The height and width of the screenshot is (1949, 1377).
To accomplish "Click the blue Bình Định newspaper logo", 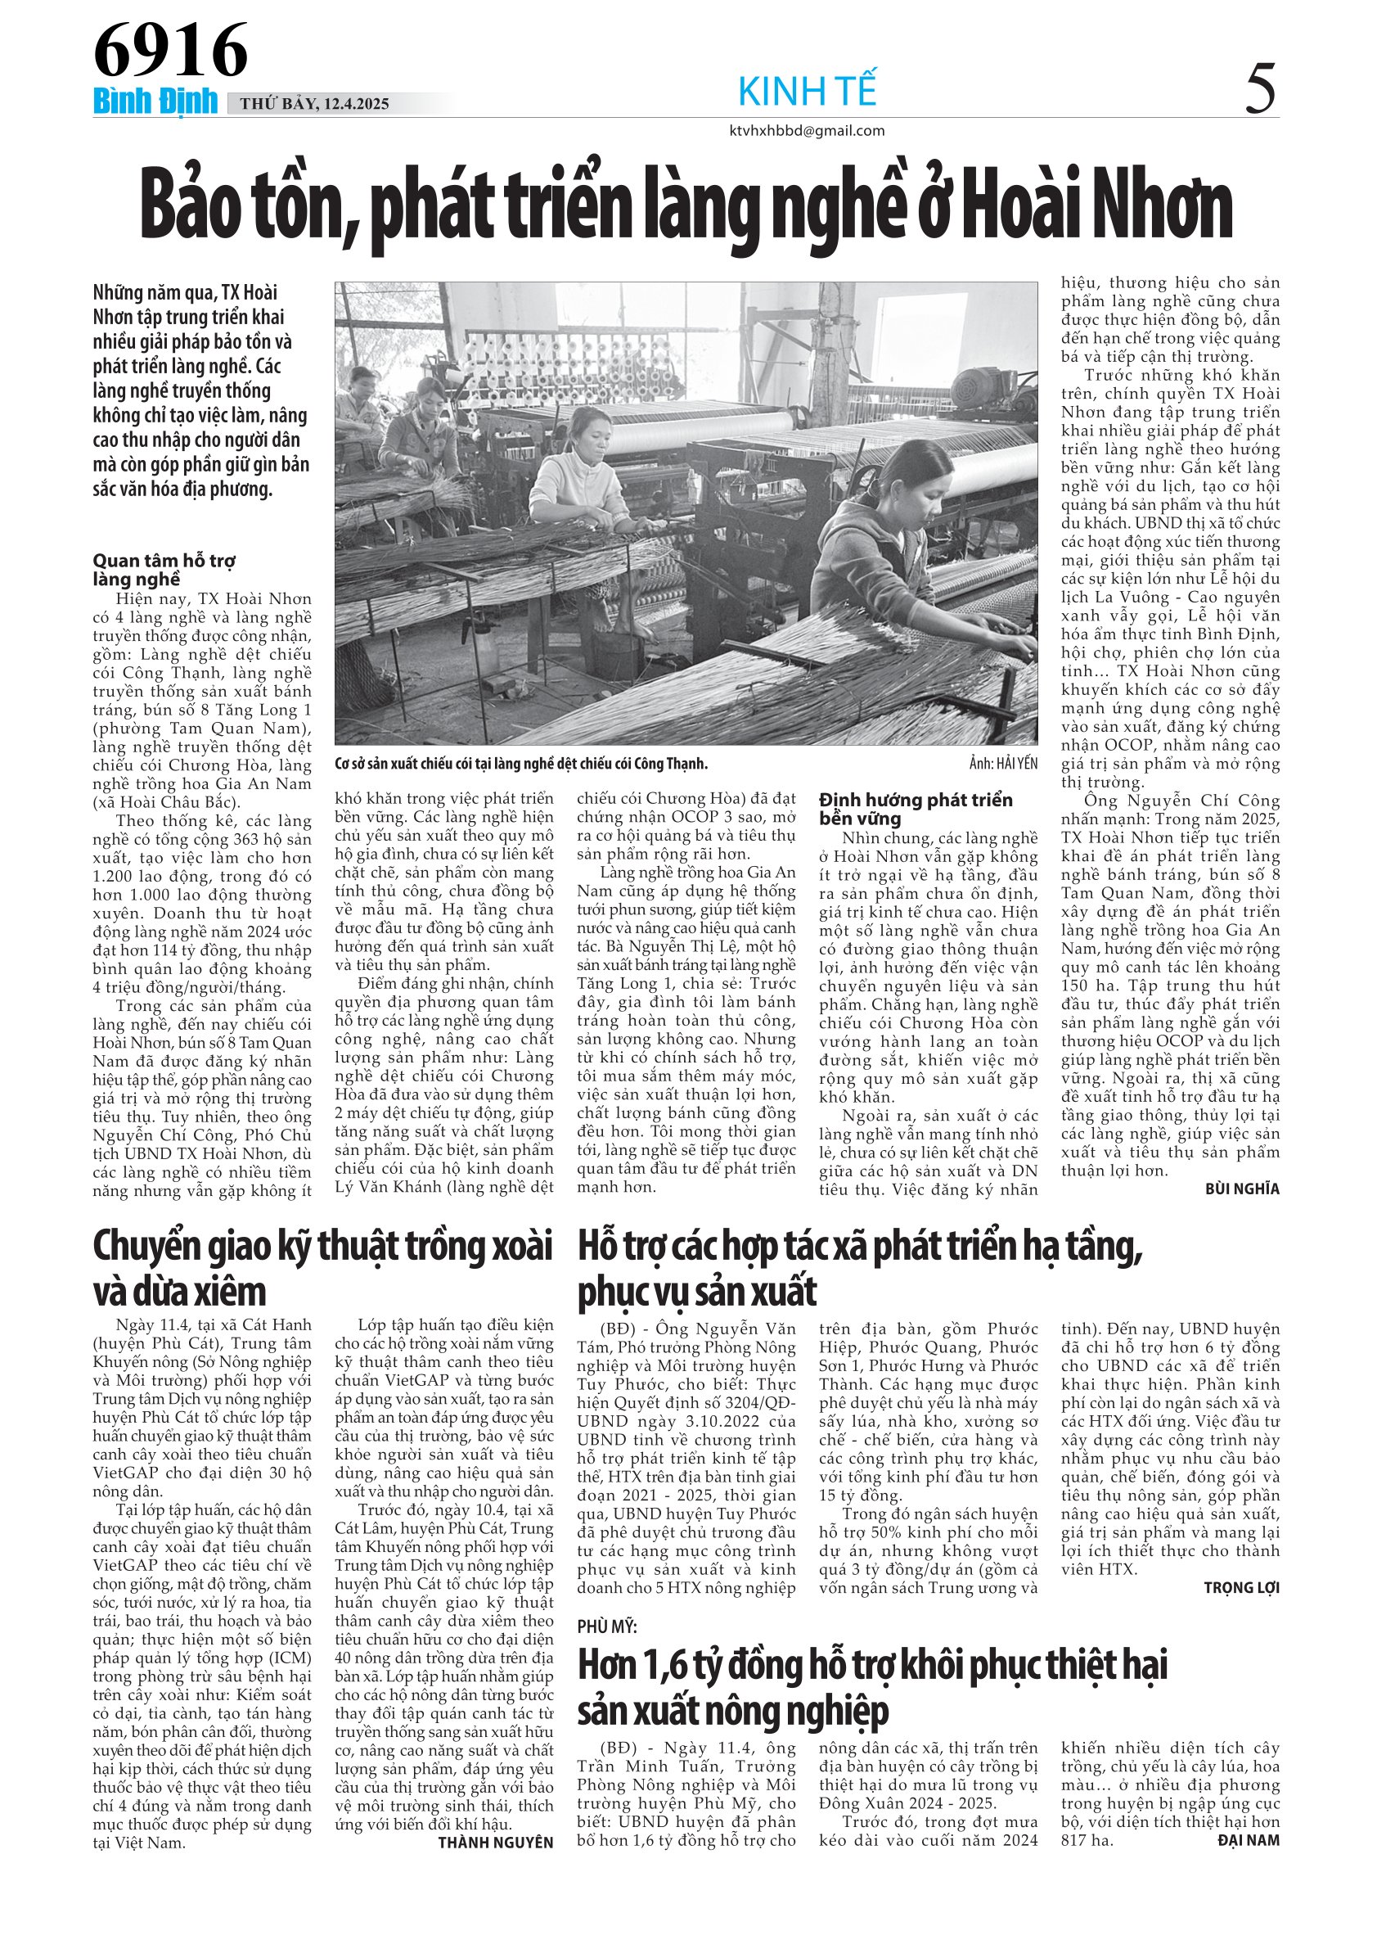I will (x=155, y=102).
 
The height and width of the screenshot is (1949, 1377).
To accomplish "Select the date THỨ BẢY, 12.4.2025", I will (x=314, y=105).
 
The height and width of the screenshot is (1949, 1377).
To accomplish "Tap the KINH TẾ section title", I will (x=807, y=91).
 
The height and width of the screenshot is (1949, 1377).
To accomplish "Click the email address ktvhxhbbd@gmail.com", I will (x=807, y=131).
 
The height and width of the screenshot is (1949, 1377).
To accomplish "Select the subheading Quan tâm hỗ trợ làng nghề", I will (x=164, y=570).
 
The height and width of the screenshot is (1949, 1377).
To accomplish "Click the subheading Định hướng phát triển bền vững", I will (x=916, y=808).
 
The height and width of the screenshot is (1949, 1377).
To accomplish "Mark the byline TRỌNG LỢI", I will (x=1241, y=1587).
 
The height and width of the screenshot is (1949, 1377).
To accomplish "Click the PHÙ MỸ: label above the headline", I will (x=606, y=1626).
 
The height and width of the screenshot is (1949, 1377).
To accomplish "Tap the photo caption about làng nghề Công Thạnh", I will (x=521, y=764).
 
